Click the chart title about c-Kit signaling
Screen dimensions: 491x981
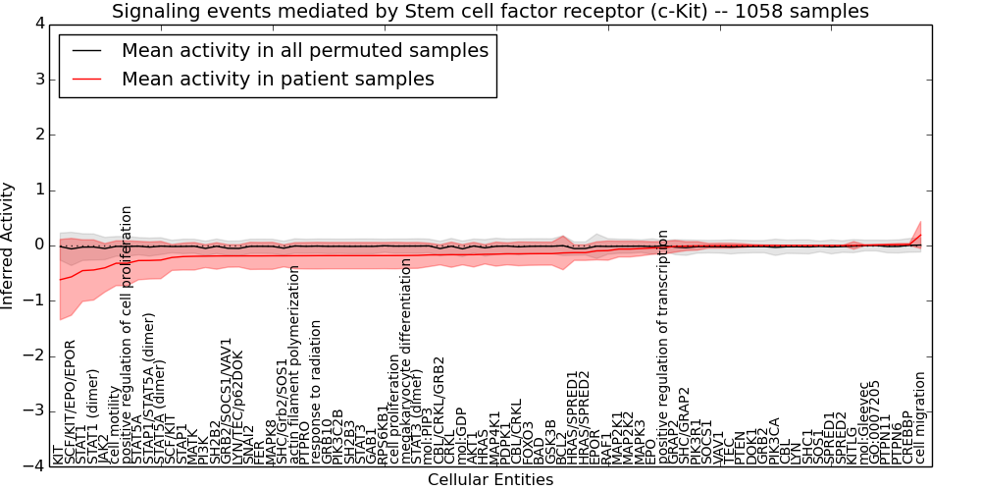pos(490,12)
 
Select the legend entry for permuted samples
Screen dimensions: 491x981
pos(304,50)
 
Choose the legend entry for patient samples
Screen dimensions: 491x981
pos(278,79)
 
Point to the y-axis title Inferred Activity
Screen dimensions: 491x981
pos(9,245)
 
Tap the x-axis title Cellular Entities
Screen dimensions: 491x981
pos(490,479)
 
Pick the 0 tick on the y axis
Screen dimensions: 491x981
pos(38,245)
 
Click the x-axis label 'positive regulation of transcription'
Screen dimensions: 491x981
pos(663,346)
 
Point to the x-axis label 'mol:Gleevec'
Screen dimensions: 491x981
pos(863,423)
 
